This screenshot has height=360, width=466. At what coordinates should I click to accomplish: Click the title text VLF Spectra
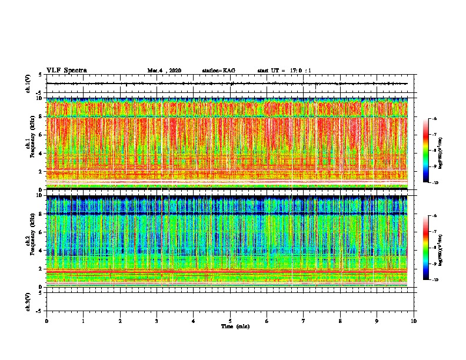66,70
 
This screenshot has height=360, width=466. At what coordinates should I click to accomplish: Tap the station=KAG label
218,71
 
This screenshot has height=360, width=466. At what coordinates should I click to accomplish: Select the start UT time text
284,71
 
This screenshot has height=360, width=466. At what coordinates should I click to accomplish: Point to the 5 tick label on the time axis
231,321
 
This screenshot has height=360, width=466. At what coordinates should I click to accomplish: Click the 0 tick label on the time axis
46,321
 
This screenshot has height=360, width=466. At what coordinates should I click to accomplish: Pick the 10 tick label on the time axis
414,321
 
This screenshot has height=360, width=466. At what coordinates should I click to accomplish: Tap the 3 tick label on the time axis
157,321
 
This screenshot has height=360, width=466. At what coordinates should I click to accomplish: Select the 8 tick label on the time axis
341,321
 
